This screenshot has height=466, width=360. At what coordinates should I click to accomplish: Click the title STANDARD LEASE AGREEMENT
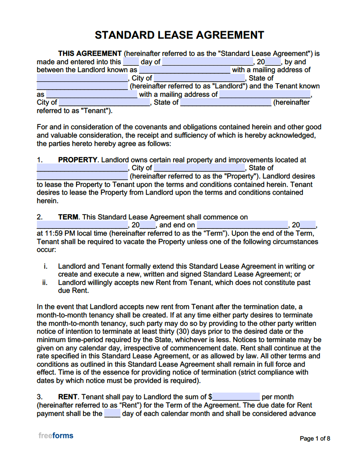[x=179, y=35]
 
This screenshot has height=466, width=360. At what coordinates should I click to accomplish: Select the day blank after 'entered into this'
[x=131, y=62]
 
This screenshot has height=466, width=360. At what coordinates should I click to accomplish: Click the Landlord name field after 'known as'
[x=184, y=70]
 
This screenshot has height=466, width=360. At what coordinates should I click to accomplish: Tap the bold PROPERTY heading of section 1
[x=77, y=160]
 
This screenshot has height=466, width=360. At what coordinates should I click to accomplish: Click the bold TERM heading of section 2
[x=68, y=217]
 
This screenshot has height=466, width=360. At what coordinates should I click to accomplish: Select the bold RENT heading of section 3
[x=68, y=397]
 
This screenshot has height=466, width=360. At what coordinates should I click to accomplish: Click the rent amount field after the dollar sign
[x=236, y=397]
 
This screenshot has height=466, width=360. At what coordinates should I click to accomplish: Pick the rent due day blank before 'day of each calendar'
[x=112, y=413]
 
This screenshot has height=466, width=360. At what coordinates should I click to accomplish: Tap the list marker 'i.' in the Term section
[x=45, y=266]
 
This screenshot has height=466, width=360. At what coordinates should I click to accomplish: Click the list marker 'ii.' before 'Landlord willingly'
[x=45, y=283]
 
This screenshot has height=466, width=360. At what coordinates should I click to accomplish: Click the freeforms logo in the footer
[x=56, y=436]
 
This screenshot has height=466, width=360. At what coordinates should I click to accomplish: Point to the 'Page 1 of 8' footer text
[x=315, y=438]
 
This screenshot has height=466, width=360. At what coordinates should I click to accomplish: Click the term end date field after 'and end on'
[x=242, y=225]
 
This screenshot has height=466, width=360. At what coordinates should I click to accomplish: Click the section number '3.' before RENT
[x=40, y=397]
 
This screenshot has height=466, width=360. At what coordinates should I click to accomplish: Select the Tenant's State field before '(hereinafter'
[x=225, y=103]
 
